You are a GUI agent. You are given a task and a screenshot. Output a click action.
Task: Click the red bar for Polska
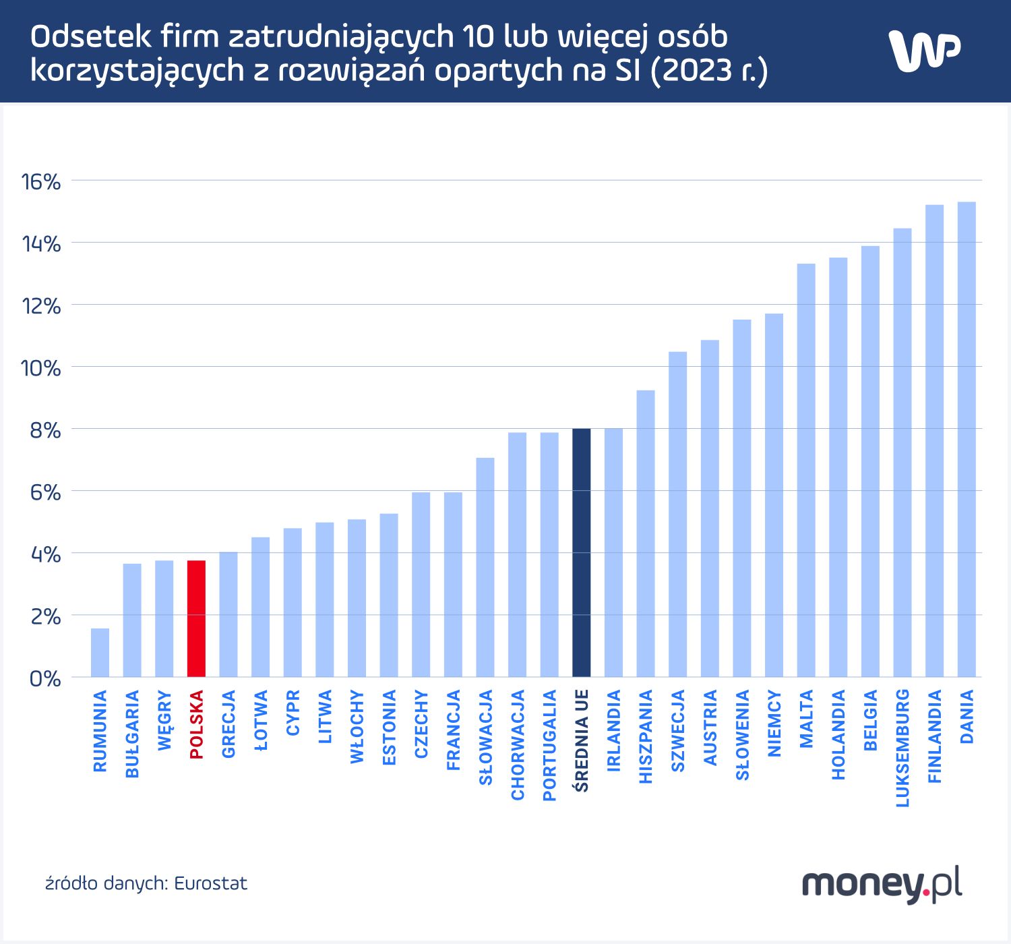tap(196, 618)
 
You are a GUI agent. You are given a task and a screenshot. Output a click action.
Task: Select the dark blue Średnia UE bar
tap(581, 553)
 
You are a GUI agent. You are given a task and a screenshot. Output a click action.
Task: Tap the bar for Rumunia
tap(100, 653)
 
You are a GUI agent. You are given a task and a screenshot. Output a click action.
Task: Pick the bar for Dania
tap(967, 440)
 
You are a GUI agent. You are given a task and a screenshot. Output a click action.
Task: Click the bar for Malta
tap(806, 470)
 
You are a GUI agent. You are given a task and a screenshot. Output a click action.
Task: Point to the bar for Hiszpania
tap(646, 533)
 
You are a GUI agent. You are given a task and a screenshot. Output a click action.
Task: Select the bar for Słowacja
tap(485, 567)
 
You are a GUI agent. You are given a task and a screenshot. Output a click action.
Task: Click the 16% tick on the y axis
tap(41, 181)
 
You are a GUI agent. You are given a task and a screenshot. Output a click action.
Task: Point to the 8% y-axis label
tap(44, 430)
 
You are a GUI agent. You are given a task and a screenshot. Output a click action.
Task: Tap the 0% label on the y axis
tap(44, 678)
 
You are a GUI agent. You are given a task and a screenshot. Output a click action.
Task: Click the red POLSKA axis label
tap(197, 725)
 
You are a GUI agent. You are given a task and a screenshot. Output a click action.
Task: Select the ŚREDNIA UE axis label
tap(582, 740)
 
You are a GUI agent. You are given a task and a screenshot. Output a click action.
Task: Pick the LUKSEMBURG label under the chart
tap(902, 748)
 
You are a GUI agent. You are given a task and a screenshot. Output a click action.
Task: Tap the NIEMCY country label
tap(774, 723)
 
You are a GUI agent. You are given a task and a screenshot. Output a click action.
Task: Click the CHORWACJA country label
tap(518, 745)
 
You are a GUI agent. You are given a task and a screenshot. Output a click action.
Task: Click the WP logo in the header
tap(924, 51)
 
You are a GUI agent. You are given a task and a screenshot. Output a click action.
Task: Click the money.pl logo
tap(882, 884)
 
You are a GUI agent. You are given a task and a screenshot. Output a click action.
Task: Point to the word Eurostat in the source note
tap(210, 883)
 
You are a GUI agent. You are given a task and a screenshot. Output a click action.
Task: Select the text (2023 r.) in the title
tap(709, 70)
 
